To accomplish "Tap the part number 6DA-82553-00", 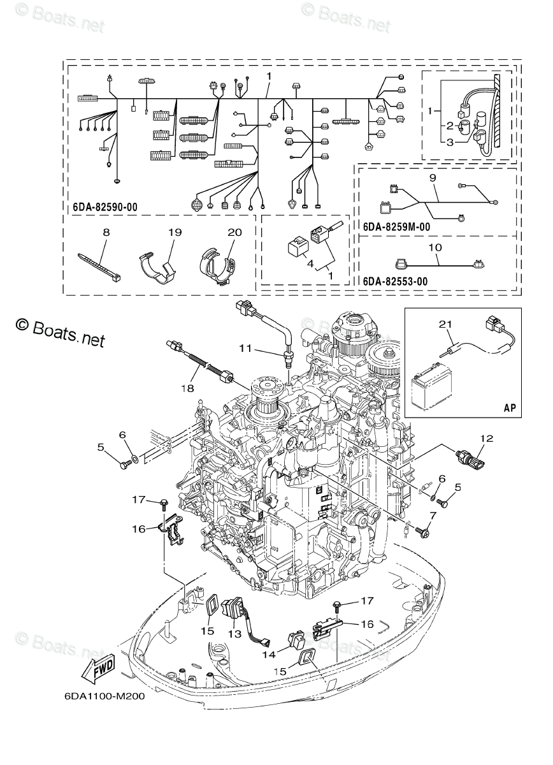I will (x=394, y=281).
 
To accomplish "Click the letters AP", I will (x=509, y=407).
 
